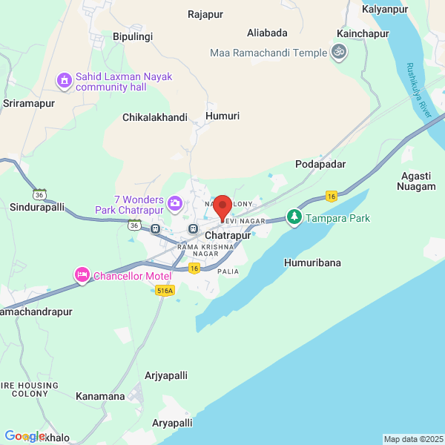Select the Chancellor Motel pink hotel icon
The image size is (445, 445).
coord(82,276)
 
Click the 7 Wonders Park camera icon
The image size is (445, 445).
coord(175,202)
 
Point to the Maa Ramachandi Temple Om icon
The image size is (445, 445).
coord(338,53)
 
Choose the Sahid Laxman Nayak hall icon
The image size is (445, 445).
coord(65,79)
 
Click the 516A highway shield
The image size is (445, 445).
coord(165,291)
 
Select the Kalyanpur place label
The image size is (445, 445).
coord(386,9)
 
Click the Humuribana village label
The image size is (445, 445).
coord(312,263)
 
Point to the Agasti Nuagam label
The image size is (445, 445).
coord(418,180)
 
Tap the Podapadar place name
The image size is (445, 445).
coord(320,164)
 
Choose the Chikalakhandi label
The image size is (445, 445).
coord(154,117)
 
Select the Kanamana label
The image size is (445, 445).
coord(100,396)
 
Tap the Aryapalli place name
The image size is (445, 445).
coord(172,422)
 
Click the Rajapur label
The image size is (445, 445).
coord(205,14)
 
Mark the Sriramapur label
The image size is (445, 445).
coord(30,103)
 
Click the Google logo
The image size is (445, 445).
coord(25,436)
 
